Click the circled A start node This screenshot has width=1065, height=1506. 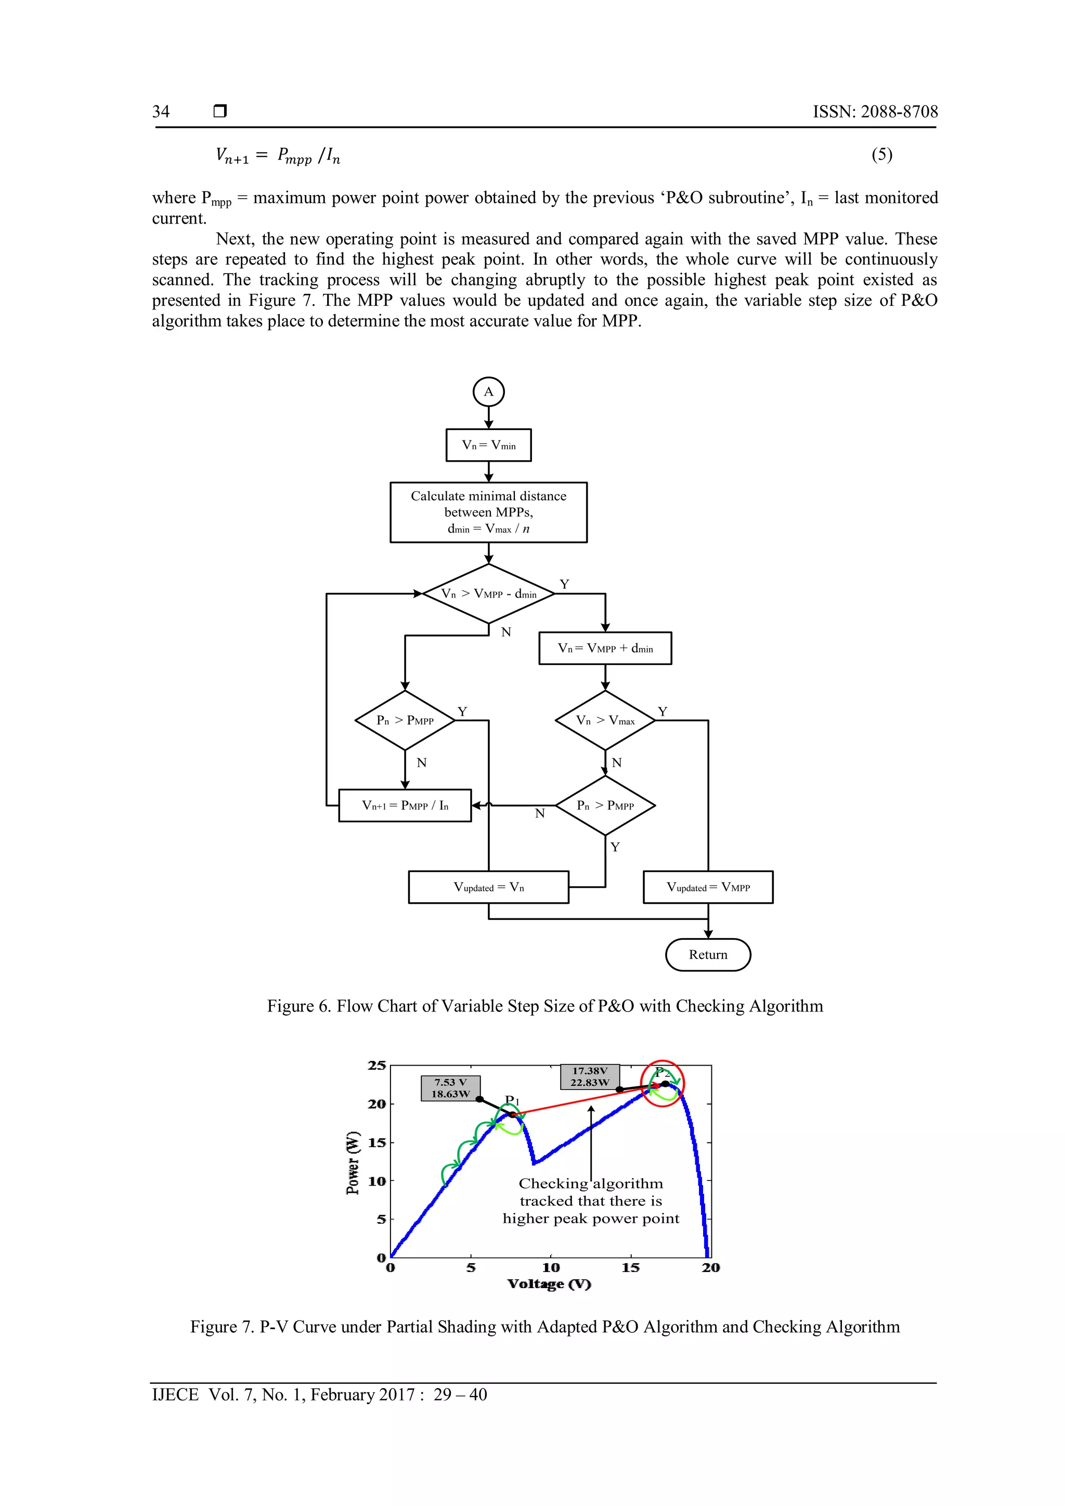pos(489,392)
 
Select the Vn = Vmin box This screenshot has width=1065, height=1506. pos(489,445)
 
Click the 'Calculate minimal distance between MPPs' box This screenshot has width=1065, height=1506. pos(489,512)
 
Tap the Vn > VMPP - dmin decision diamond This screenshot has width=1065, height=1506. pos(489,593)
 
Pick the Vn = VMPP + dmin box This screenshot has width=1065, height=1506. pos(605,648)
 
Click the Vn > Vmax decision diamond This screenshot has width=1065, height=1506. pos(605,720)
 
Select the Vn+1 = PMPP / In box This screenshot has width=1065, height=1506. pos(405,806)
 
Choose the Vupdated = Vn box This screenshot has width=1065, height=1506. pos(489,888)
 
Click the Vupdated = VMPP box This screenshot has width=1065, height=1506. pos(708,888)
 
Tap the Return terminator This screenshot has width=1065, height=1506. pos(708,954)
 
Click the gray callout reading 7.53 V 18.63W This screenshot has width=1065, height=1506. pos(450,1088)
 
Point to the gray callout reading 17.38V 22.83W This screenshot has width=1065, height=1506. pos(590,1076)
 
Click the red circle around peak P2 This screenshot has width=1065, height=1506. pos(663,1084)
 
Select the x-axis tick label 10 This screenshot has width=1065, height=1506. pos(551,1268)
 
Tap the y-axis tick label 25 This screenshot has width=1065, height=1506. pos(377,1065)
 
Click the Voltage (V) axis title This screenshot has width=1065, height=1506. pos(549,1284)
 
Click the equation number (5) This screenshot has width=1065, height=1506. pos(881,155)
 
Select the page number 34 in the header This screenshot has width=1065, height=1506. pos(161,111)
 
